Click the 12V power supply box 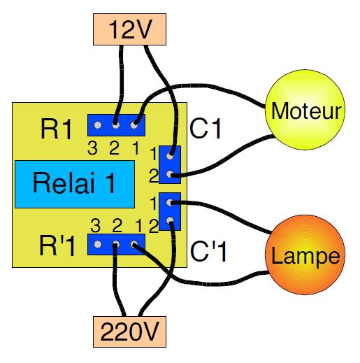pyautogui.click(x=129, y=29)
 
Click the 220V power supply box pyautogui.click(x=129, y=332)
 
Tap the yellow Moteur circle pyautogui.click(x=305, y=110)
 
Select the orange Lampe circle pyautogui.click(x=305, y=255)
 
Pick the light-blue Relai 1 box pyautogui.click(x=75, y=184)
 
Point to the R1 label pyautogui.click(x=56, y=129)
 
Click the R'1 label pyautogui.click(x=57, y=245)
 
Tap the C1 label pyautogui.click(x=205, y=128)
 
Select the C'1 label pyautogui.click(x=208, y=251)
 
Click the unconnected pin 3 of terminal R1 pyautogui.click(x=98, y=125)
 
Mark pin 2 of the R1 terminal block pyautogui.click(x=115, y=125)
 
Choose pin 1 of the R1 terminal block pyautogui.click(x=134, y=125)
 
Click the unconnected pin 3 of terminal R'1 pyautogui.click(x=98, y=244)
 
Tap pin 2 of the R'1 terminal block pyautogui.click(x=115, y=244)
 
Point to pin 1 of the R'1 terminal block pyautogui.click(x=134, y=244)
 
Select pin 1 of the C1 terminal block pyautogui.click(x=170, y=156)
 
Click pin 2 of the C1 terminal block pyautogui.click(x=170, y=174)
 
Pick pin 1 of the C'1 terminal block pyautogui.click(x=170, y=202)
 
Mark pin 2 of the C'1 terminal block pyautogui.click(x=170, y=220)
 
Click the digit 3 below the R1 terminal pyautogui.click(x=92, y=148)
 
